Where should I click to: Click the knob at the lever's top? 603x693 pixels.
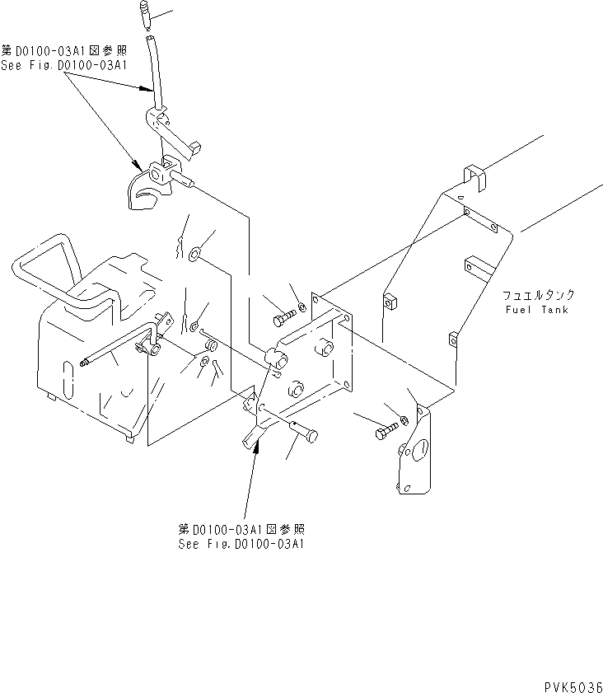pyautogui.click(x=145, y=12)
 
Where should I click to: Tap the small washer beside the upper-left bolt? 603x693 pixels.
pyautogui.click(x=303, y=307)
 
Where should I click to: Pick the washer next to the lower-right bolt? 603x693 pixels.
pyautogui.click(x=404, y=422)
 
